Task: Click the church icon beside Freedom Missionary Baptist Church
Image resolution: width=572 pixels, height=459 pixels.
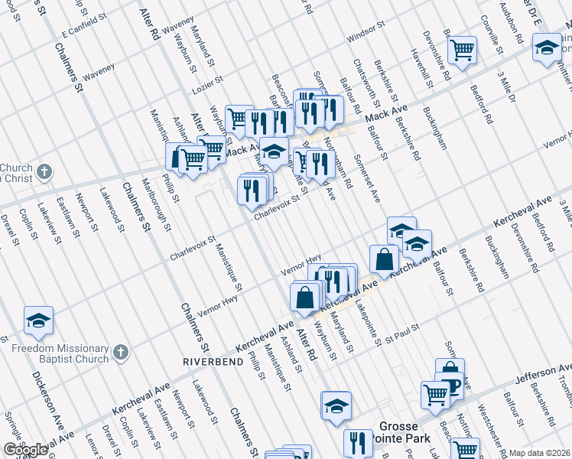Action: click(x=119, y=353)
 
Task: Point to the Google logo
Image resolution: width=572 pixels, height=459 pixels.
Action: click(x=25, y=450)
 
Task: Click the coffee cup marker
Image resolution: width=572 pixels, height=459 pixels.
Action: click(x=450, y=385)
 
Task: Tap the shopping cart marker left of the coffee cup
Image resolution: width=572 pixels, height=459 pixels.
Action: click(x=435, y=395)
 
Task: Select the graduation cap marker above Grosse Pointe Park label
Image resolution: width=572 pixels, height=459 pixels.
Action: click(x=336, y=405)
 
